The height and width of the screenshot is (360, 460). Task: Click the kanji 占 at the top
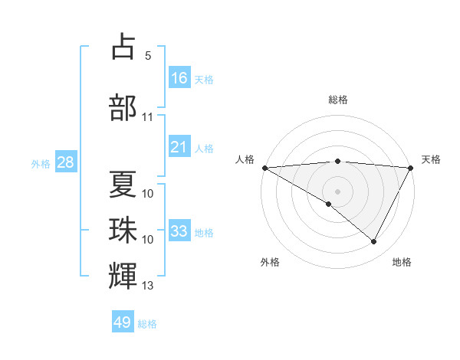click(123, 47)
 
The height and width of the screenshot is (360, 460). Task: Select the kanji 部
click(123, 107)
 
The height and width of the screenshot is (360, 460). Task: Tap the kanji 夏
click(123, 185)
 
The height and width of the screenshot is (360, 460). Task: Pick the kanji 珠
click(123, 231)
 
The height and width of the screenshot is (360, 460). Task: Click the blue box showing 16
click(179, 77)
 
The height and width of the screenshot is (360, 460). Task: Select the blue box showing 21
click(179, 147)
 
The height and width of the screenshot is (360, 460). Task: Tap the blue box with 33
click(179, 231)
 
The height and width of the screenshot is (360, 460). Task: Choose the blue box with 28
click(64, 162)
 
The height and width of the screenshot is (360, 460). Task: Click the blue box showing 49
click(123, 322)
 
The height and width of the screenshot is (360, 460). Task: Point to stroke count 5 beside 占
click(148, 56)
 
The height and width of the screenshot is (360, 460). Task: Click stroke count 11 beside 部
click(148, 117)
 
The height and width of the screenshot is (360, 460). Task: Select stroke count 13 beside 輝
click(148, 286)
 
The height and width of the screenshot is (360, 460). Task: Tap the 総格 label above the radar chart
click(337, 100)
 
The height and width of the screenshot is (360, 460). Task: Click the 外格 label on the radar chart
click(270, 262)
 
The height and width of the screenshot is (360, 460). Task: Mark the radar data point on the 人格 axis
click(264, 168)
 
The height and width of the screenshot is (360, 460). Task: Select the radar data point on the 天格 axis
click(411, 168)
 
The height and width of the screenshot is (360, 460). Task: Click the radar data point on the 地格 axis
click(374, 241)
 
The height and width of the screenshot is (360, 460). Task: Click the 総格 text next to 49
click(147, 324)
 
